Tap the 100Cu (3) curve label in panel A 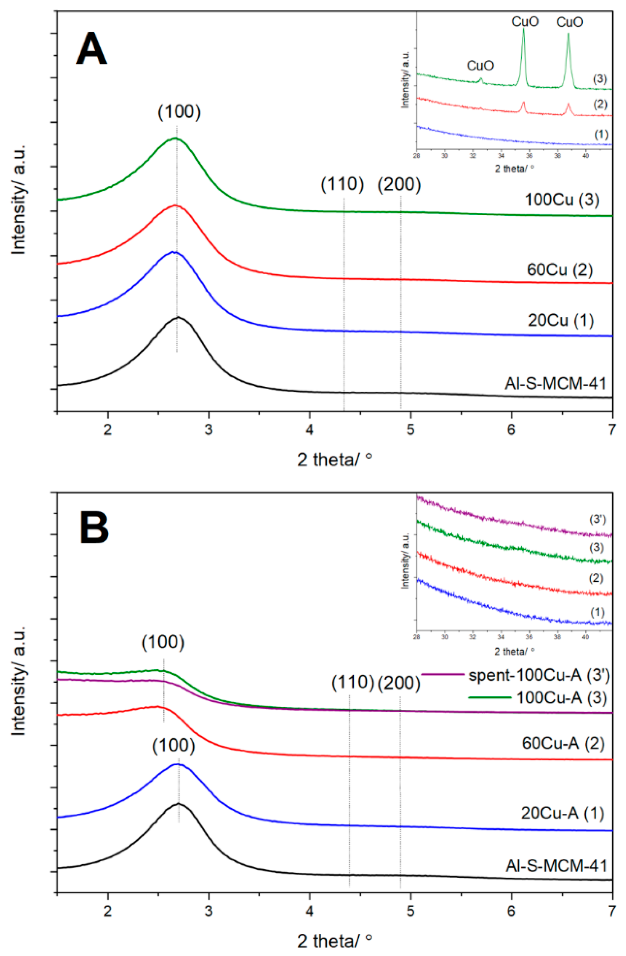coord(562,200)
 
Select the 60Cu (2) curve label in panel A coord(560,270)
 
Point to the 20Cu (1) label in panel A coord(560,320)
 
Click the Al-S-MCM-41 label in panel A coord(555,384)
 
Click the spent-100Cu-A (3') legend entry coord(539,675)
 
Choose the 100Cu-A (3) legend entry coord(561,698)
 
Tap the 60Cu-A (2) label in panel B coord(563,743)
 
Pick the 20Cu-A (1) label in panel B coord(562,813)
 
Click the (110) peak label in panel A coord(342,184)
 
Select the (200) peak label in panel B coord(399,683)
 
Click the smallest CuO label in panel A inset coord(480,65)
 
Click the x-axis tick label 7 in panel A coord(611,430)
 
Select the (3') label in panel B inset coord(597,519)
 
